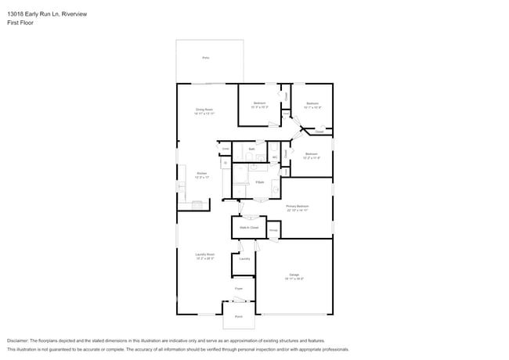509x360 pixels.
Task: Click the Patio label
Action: pos(206,58)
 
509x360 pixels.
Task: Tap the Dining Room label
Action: pos(205,111)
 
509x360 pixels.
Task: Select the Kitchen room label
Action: pos(202,175)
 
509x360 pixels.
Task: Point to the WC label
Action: pos(275,158)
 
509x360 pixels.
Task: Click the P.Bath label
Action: pos(258,182)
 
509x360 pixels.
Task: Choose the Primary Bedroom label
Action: pos(297,208)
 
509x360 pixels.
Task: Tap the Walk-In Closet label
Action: pos(249,227)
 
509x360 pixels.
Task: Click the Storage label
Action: pos(274,230)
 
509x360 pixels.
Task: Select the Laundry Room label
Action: pos(205,255)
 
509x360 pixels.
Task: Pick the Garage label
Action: pos(294,275)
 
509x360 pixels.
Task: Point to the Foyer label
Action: pos(240,289)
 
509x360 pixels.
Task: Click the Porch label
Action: pos(239,316)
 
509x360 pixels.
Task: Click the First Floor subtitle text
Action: pos(20,23)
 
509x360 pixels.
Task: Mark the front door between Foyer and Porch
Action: pos(240,301)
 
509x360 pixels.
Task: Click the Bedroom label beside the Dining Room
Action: pos(260,104)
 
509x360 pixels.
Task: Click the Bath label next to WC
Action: pos(252,149)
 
